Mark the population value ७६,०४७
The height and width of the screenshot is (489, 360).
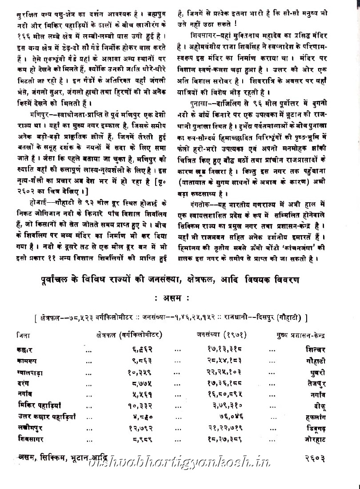224,416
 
